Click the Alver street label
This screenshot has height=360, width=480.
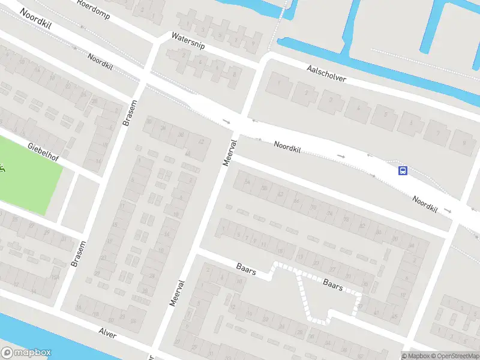tap(107, 332)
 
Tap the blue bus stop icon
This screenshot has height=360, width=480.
tap(403, 170)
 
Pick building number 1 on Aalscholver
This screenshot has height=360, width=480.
tap(278, 85)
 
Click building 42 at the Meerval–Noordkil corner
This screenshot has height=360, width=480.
tap(201, 142)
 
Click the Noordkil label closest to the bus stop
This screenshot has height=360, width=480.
tap(425, 205)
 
